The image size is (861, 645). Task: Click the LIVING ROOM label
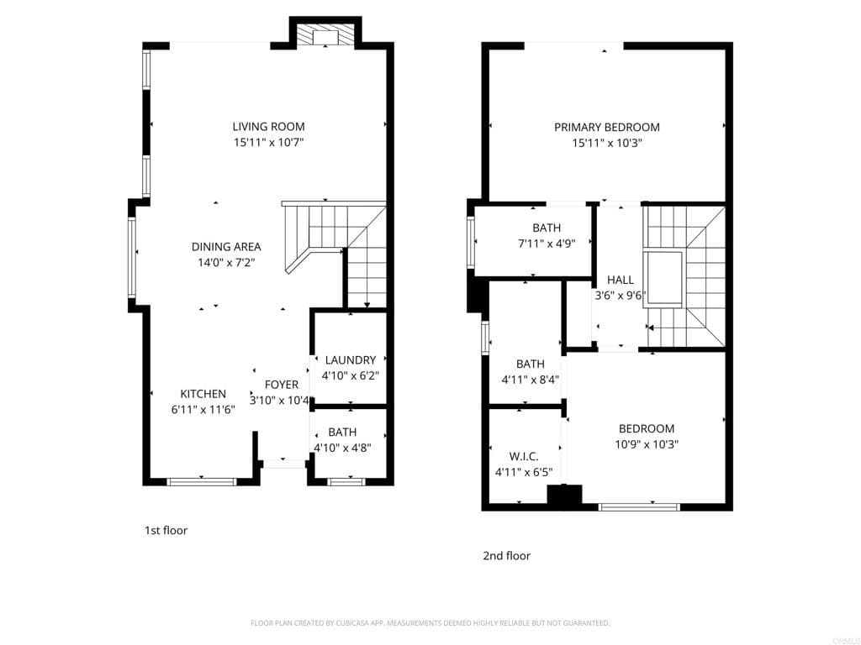[268, 127]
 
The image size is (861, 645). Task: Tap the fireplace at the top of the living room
[325, 35]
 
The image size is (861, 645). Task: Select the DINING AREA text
[226, 247]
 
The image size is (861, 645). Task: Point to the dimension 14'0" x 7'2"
[226, 262]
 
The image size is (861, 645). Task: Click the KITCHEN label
[203, 394]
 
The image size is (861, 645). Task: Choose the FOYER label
[281, 385]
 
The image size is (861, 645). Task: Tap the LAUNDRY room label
[349, 360]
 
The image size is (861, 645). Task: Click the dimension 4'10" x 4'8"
[342, 448]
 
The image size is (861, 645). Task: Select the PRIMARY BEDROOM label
[606, 128]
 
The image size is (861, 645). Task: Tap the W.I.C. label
[523, 456]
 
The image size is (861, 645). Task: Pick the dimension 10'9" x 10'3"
[647, 444]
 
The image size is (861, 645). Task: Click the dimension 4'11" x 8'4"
[530, 379]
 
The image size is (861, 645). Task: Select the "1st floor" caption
[166, 531]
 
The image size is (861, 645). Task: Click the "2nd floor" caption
[506, 556]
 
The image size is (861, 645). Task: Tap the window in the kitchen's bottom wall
[202, 481]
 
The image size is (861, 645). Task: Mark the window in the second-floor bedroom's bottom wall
[639, 506]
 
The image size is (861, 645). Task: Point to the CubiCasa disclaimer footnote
[430, 623]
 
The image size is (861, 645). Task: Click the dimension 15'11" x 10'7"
[268, 143]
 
